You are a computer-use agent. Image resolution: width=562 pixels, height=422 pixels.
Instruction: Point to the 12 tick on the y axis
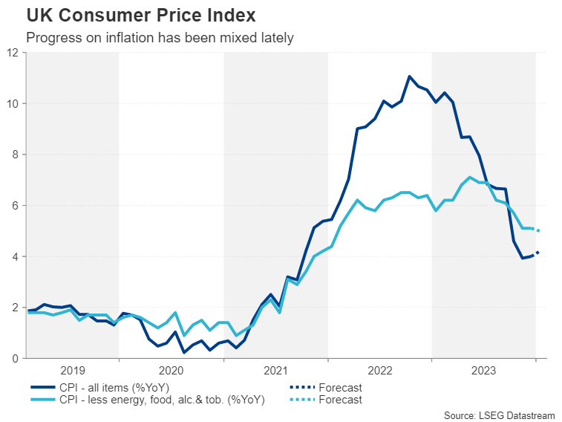(13, 53)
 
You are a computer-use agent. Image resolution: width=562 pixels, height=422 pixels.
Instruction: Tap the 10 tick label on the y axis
(13, 103)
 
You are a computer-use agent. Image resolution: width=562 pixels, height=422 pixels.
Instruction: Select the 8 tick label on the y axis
(16, 155)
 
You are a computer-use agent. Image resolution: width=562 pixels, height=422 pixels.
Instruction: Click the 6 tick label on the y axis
(16, 206)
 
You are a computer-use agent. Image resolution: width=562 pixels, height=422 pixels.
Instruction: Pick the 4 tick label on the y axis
(16, 256)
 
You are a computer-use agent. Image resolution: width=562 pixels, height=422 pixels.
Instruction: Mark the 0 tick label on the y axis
(16, 358)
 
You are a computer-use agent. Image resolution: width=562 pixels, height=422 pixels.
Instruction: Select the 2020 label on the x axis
(171, 370)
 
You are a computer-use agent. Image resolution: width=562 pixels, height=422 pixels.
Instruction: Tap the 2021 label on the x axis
(275, 370)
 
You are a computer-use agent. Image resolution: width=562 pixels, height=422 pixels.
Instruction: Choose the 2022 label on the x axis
(379, 370)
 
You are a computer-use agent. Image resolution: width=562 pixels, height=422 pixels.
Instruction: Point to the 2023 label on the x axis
(483, 370)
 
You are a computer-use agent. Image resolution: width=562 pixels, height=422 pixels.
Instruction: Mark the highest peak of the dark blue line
(409, 76)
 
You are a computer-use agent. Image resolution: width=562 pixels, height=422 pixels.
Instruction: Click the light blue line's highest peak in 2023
(470, 177)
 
